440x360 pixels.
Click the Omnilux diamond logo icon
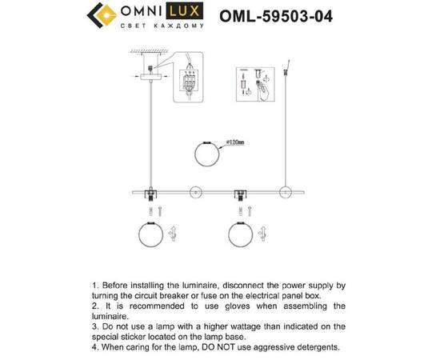(x=99, y=15)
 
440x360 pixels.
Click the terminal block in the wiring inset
(x=190, y=82)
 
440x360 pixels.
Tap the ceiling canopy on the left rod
(x=148, y=77)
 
